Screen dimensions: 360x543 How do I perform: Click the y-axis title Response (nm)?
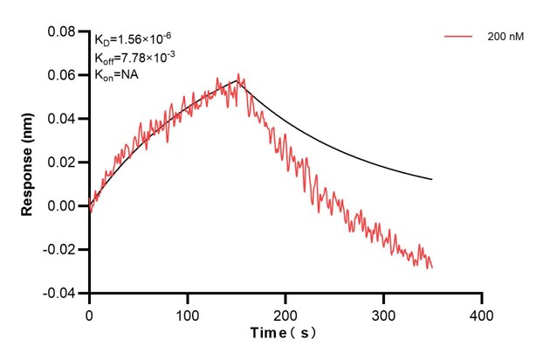coord(29,162)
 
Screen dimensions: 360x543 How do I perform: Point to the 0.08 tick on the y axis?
coord(64,31)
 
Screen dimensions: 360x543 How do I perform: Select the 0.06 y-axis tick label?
coord(64,75)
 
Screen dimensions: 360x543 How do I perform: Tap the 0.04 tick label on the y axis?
coord(64,119)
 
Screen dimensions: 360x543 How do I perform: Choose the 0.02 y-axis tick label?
coord(64,163)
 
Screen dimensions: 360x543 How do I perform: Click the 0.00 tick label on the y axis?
coord(64,206)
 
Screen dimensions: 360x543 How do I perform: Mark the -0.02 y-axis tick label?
coord(62,250)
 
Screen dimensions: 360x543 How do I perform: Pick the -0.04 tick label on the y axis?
coord(62,294)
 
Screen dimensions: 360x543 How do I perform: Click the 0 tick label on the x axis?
coord(89,312)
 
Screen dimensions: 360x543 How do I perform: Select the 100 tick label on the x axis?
coord(187,312)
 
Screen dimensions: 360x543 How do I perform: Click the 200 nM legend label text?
coord(505,38)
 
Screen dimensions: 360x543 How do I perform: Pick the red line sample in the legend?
coord(458,38)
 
